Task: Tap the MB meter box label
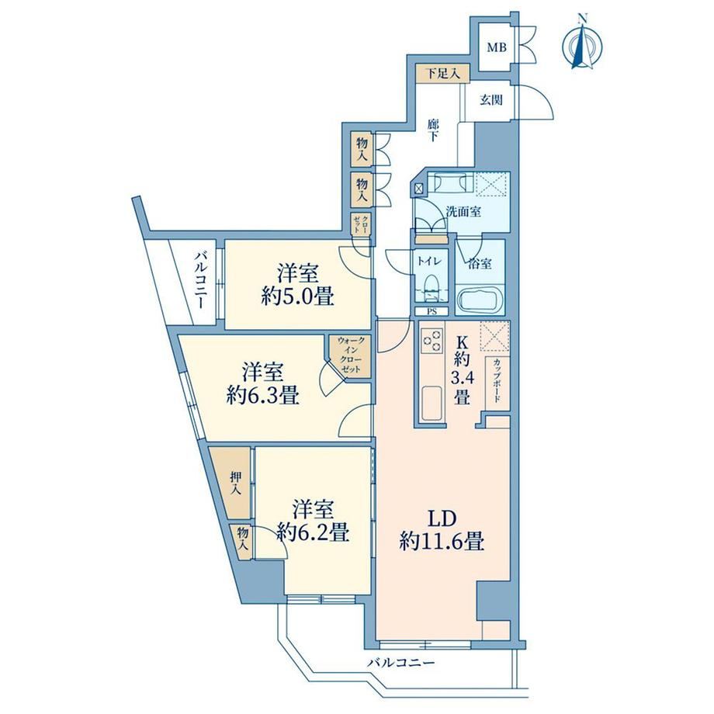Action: point(497,47)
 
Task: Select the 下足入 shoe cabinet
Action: point(442,73)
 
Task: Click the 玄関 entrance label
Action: point(491,99)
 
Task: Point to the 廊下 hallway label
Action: point(433,130)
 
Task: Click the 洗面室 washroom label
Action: point(463,211)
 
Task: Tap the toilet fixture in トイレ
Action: point(430,289)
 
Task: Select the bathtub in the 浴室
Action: point(480,299)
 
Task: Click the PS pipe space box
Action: point(432,312)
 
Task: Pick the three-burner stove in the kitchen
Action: point(432,341)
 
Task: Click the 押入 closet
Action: point(234,483)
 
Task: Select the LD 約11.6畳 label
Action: point(442,530)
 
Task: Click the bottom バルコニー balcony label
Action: point(400,662)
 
